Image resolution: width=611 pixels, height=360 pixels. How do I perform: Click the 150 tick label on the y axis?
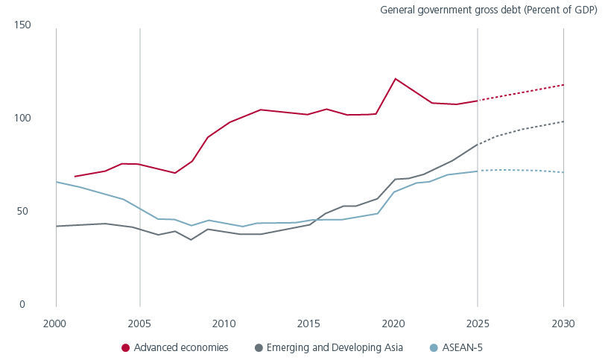click(x=22, y=25)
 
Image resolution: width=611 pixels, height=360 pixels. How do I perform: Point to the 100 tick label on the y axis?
click(x=22, y=119)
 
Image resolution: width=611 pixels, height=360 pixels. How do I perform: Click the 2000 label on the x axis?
click(x=56, y=324)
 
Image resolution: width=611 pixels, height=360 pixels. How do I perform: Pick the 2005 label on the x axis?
click(x=140, y=324)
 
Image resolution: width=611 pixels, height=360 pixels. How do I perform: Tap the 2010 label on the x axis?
click(x=225, y=324)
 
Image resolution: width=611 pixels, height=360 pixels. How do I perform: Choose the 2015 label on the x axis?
click(x=309, y=324)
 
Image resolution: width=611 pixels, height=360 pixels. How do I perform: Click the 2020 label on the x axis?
click(x=393, y=324)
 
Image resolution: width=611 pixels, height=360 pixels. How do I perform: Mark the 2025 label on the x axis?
click(x=478, y=324)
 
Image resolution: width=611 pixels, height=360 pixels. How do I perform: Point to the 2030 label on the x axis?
click(x=563, y=324)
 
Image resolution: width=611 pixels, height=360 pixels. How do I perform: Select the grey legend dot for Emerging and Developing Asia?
click(x=259, y=348)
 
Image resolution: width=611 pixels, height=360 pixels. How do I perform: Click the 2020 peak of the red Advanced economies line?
click(x=395, y=79)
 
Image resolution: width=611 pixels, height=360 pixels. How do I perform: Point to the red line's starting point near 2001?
click(x=75, y=177)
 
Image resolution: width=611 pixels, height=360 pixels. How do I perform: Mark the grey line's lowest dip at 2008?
click(x=191, y=240)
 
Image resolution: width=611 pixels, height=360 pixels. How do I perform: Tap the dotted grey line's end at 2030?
click(x=563, y=121)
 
